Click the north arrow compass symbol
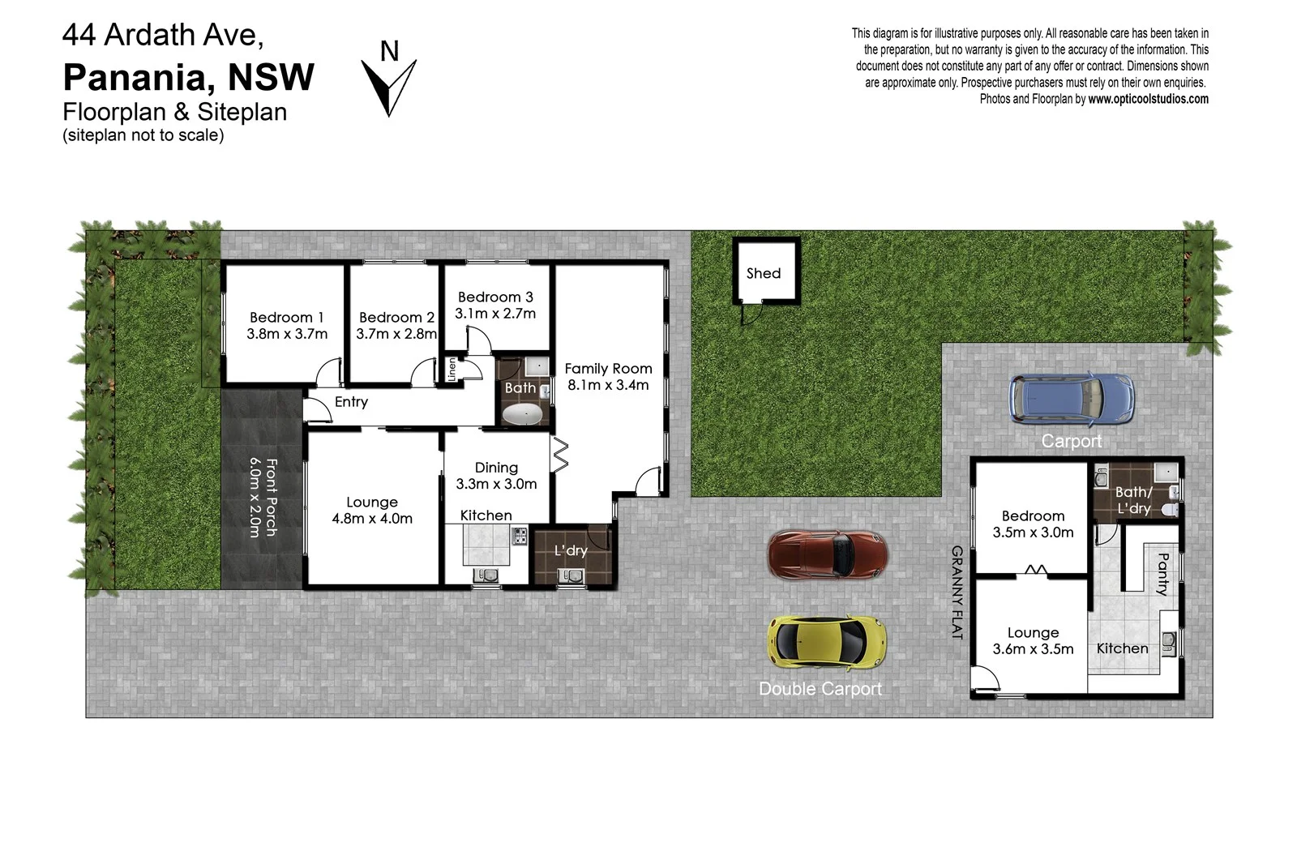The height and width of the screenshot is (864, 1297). (389, 85)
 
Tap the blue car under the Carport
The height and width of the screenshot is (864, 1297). (1071, 399)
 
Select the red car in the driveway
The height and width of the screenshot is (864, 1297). (828, 555)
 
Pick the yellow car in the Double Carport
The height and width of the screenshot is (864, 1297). (827, 641)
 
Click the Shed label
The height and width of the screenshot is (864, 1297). (764, 274)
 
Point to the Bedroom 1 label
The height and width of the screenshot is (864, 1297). (287, 318)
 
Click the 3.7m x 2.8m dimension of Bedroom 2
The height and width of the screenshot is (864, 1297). (396, 334)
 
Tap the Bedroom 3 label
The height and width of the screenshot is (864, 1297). (495, 297)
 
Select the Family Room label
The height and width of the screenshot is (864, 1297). (608, 369)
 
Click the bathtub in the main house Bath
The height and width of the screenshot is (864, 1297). (523, 416)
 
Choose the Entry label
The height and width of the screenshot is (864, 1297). (351, 402)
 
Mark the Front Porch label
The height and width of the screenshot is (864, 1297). (272, 497)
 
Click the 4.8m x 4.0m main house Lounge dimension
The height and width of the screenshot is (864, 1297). (372, 519)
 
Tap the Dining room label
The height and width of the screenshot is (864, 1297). (496, 468)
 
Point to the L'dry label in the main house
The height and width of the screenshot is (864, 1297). (571, 550)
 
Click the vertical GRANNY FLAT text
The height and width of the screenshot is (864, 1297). (957, 592)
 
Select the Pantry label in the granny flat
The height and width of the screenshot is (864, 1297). (1162, 574)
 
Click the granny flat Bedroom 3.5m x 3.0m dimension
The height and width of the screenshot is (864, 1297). (1033, 533)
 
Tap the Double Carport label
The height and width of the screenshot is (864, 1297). (820, 689)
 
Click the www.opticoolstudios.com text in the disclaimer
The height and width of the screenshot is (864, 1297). (1148, 99)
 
